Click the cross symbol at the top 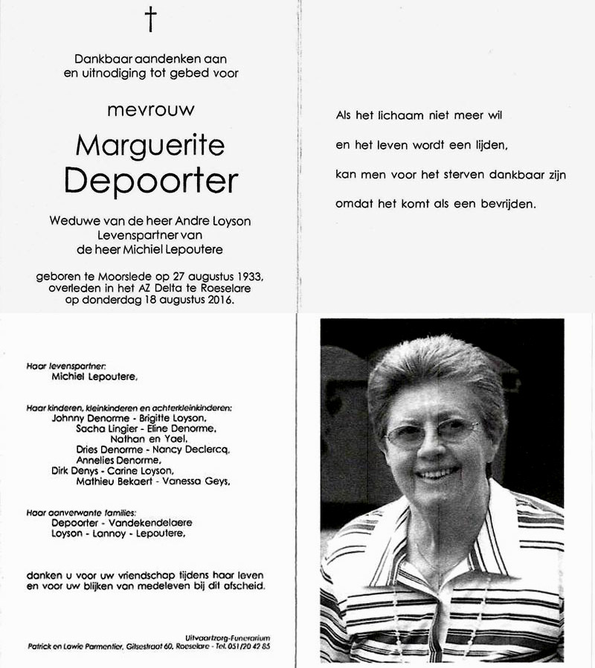click(x=151, y=21)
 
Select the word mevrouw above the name click(x=151, y=109)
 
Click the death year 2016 click(x=216, y=301)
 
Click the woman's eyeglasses click(x=431, y=432)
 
